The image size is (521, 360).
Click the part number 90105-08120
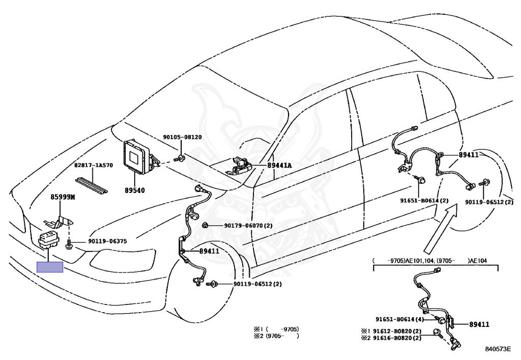pos(182,137)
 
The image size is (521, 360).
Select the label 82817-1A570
pos(94,165)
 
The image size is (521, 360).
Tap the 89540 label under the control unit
pos(134,190)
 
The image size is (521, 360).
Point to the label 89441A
pos(280,165)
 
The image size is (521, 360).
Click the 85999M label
pos(63,197)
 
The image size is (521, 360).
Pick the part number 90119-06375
pos(107,241)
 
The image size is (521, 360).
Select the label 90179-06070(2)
pos(248,226)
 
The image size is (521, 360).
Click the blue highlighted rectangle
pos(50,267)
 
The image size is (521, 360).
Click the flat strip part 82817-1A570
pos(92,185)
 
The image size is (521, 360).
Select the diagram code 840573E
pos(498,349)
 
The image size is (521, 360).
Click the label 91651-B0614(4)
pos(400,319)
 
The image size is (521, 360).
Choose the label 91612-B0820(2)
pos(391,331)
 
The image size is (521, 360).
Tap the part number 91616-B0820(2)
pos(391,338)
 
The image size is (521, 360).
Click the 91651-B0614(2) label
pos(424,201)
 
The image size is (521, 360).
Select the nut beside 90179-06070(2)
pos(205,226)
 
